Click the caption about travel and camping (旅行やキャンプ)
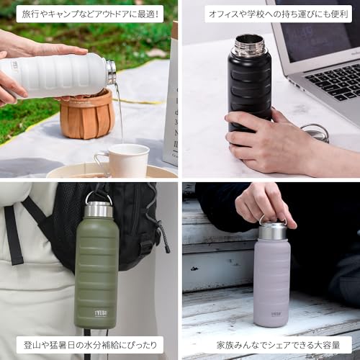click(x=90, y=14)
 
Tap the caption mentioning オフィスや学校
click(x=278, y=14)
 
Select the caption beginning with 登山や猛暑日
click(x=90, y=345)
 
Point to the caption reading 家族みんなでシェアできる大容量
click(x=278, y=345)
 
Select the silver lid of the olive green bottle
click(x=98, y=210)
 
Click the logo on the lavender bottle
click(x=276, y=314)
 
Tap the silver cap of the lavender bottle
click(x=272, y=231)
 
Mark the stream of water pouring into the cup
click(x=120, y=113)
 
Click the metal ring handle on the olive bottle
click(x=99, y=196)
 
